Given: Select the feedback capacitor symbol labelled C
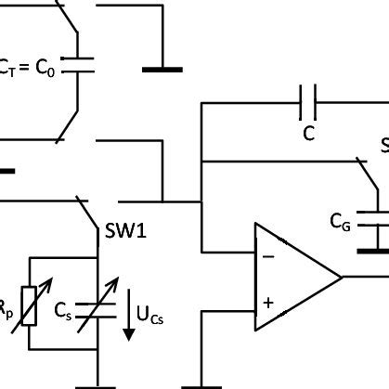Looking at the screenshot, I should [x=309, y=105].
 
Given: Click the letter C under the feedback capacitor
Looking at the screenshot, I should [x=309, y=134].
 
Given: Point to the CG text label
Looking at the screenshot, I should [x=341, y=222].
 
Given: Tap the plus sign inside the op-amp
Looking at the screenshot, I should [x=268, y=302].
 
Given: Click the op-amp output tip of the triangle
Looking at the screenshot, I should [x=341, y=277].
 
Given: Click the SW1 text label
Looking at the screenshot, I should [x=126, y=227].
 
